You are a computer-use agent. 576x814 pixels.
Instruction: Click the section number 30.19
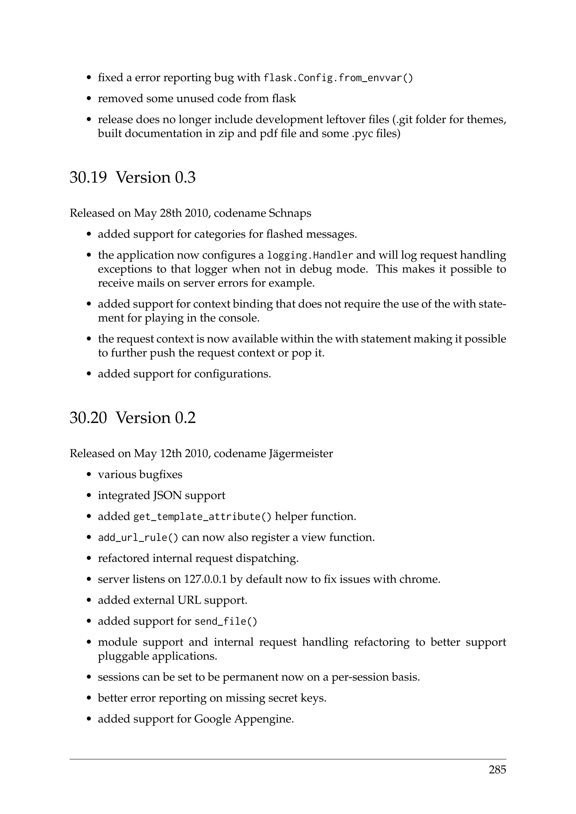[x=88, y=177]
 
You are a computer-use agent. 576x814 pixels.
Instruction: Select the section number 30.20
[x=88, y=418]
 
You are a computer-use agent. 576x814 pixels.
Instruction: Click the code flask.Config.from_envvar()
[x=338, y=78]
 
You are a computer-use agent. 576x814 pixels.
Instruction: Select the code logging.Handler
[x=310, y=255]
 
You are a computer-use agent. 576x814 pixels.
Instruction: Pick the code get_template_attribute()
[x=202, y=517]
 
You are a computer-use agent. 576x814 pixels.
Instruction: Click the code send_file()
[x=226, y=621]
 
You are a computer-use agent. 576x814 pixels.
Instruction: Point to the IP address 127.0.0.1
[x=205, y=579]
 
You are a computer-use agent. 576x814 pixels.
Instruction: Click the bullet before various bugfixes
[x=89, y=475]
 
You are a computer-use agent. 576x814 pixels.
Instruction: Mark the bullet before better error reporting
[x=89, y=698]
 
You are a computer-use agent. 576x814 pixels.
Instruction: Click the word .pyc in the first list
[x=363, y=134]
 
